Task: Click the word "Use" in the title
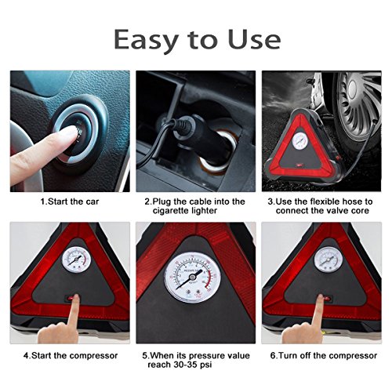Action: pos(254,39)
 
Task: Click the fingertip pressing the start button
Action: pos(74,132)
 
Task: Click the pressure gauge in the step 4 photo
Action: pos(76,260)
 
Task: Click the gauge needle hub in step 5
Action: pos(193,277)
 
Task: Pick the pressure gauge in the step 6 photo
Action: pos(328,260)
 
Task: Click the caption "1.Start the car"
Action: pos(70,201)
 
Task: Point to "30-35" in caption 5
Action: pos(186,365)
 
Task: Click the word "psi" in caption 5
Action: pos(206,365)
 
